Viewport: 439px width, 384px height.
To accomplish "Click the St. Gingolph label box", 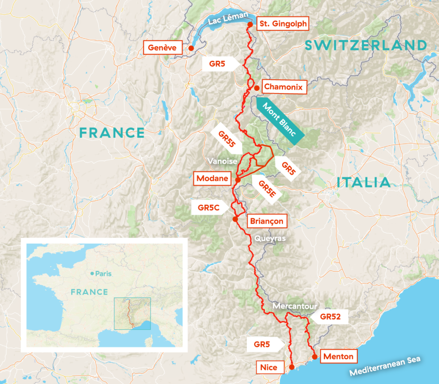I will (x=283, y=24).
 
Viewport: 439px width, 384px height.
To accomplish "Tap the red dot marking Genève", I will (x=191, y=48).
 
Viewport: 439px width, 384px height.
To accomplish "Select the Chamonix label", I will (x=284, y=87).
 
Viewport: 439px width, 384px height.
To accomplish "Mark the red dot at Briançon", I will (x=235, y=219).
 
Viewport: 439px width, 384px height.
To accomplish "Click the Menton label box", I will (x=339, y=357).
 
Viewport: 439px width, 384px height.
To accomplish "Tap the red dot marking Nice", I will (x=292, y=367).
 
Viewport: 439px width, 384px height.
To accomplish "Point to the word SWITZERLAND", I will (x=366, y=45).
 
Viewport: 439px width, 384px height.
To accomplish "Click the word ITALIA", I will (x=363, y=182).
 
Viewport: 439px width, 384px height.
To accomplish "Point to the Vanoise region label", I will (x=221, y=160).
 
